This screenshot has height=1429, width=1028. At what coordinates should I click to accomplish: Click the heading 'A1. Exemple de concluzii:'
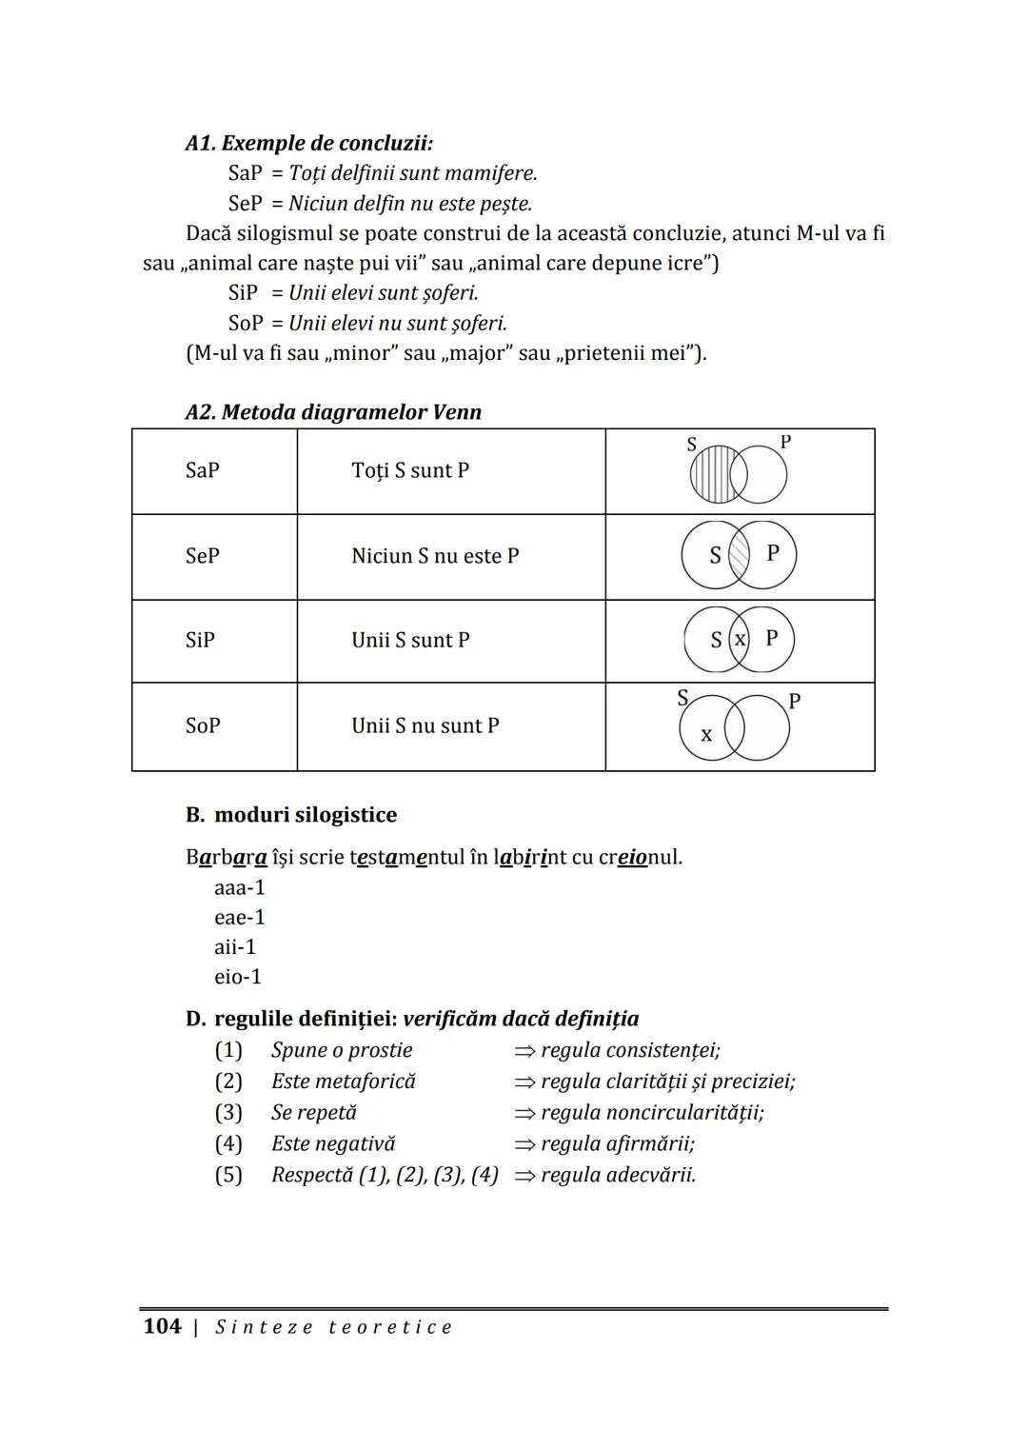tap(308, 144)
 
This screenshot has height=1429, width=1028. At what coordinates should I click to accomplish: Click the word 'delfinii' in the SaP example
tap(359, 173)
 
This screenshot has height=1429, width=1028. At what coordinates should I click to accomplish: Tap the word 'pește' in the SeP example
tap(504, 204)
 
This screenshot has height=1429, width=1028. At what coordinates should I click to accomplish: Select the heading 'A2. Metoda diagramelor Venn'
tap(333, 412)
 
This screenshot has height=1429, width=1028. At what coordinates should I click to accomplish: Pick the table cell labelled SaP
tap(203, 470)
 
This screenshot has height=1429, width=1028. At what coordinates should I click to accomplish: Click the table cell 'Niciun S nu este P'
tap(435, 556)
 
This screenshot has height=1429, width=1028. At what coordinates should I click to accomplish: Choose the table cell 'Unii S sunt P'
tap(410, 640)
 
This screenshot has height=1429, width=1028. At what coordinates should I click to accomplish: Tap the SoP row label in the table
tap(203, 725)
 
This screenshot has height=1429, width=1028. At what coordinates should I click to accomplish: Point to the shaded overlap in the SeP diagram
tap(739, 555)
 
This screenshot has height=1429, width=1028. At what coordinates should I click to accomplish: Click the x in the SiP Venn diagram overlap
tap(740, 640)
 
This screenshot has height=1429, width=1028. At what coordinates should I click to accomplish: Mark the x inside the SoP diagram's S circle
tap(706, 735)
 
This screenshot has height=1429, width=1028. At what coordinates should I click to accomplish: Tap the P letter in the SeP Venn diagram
tap(773, 552)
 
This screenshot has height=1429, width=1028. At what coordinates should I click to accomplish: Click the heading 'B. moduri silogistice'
tap(291, 815)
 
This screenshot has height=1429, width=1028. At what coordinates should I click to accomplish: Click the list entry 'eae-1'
tap(240, 918)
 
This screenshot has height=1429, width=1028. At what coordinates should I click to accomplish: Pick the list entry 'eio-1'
tap(238, 977)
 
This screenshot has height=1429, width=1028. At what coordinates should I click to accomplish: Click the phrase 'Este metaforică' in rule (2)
tap(344, 1082)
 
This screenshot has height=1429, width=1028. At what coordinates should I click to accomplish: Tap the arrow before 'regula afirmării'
tap(524, 1144)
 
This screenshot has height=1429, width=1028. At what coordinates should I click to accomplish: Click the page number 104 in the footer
tap(162, 1326)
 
